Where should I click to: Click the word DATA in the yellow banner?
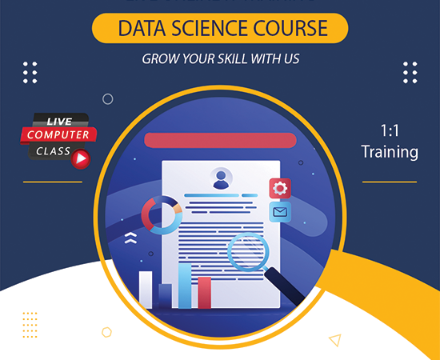point(142,30)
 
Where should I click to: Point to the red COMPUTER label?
point(58,134)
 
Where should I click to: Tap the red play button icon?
point(81,158)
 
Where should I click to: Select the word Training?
point(390,151)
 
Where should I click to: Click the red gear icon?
point(280,189)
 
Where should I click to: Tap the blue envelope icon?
point(280,212)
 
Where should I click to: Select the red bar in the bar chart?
point(205,292)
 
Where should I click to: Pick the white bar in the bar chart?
point(146,289)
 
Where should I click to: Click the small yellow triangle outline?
point(335,339)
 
